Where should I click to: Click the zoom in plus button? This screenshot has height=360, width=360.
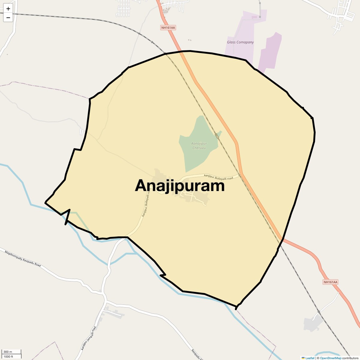pyautogui.click(x=8, y=9)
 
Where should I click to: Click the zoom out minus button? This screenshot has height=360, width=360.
pyautogui.click(x=8, y=17)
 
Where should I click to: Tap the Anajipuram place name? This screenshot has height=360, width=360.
pyautogui.click(x=180, y=186)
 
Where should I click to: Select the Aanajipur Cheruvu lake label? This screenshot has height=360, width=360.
pyautogui.click(x=199, y=145)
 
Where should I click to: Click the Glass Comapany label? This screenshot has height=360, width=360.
pyautogui.click(x=240, y=42)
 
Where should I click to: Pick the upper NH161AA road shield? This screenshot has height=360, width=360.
pyautogui.click(x=168, y=28)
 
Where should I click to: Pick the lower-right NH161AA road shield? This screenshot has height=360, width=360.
pyautogui.click(x=330, y=282)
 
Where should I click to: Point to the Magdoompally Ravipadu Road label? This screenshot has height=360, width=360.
pyautogui.click(x=23, y=258)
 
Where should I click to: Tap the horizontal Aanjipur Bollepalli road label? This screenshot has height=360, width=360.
pyautogui.click(x=218, y=177)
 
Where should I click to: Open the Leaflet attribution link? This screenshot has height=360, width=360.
pyautogui.click(x=310, y=358)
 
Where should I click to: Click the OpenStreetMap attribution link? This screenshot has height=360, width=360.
pyautogui.click(x=330, y=358)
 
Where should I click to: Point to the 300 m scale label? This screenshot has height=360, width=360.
pyautogui.click(x=8, y=352)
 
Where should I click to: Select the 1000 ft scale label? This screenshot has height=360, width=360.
pyautogui.click(x=8, y=356)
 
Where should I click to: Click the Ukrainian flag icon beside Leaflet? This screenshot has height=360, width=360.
pyautogui.click(x=303, y=358)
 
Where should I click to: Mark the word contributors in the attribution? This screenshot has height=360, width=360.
pyautogui.click(x=350, y=358)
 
